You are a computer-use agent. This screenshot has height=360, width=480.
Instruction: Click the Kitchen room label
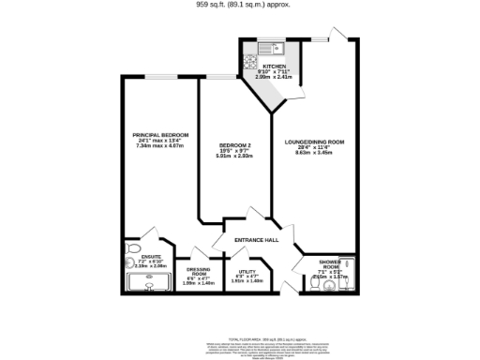pyautogui.click(x=273, y=66)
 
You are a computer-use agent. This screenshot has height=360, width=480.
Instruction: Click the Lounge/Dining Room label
pyautogui.click(x=315, y=142)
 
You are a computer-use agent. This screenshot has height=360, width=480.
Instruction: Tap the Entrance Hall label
pyautogui.click(x=256, y=241)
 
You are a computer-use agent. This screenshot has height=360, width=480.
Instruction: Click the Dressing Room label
pyautogui.click(x=198, y=272)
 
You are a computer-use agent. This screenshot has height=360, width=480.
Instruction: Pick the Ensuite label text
pyautogui.click(x=151, y=256)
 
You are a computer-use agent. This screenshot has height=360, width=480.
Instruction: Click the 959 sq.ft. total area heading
pyautogui.click(x=243, y=5)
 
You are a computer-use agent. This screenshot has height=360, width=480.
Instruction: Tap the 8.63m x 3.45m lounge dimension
pyautogui.click(x=315, y=151)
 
